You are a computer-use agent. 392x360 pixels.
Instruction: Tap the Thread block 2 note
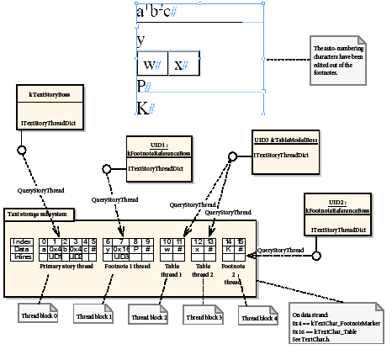pos(150,317)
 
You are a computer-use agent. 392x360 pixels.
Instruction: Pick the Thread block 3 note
pos(204,317)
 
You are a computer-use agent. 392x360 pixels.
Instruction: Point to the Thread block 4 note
pos(259,317)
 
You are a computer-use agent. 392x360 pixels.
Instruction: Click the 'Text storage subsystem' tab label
pos(41,214)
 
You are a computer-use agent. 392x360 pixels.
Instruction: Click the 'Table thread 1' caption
pos(173,269)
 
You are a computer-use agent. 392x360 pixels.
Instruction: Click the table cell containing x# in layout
pos(182,65)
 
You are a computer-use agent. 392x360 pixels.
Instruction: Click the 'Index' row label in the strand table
pos(21,241)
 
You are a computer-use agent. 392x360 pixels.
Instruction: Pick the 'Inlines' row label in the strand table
pos(21,256)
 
